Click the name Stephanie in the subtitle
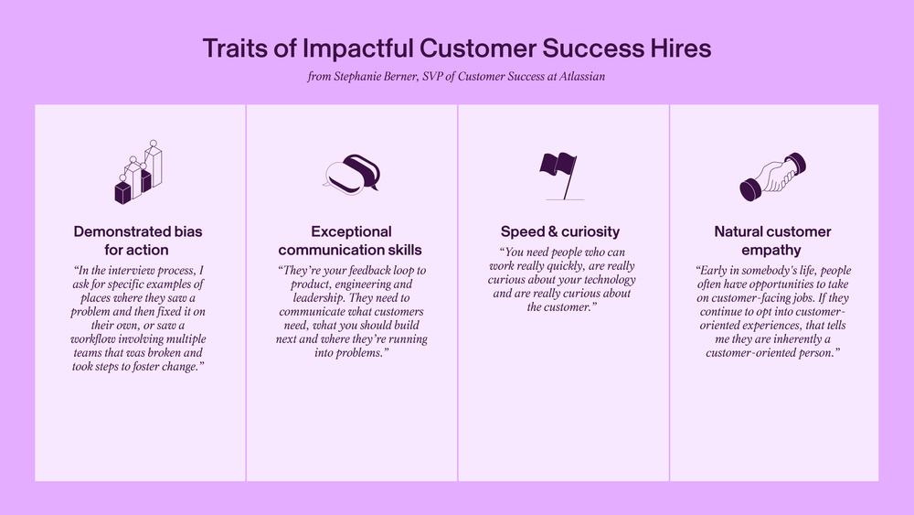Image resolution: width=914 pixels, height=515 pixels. (x=356, y=77)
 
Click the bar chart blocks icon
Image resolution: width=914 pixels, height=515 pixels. (x=138, y=172)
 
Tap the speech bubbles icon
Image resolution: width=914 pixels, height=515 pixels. (x=352, y=174)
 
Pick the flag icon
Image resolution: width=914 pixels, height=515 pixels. (x=560, y=176)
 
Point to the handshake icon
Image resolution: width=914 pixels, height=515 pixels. (x=773, y=177)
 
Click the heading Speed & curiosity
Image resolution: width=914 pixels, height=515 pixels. (x=560, y=231)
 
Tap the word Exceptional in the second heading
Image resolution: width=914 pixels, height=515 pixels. (x=352, y=231)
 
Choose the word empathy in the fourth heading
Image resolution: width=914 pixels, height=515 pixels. (x=771, y=251)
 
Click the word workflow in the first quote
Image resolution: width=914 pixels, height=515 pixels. (x=92, y=339)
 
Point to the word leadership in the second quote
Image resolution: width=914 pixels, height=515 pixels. (x=318, y=298)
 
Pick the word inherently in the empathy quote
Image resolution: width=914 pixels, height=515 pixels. (x=800, y=339)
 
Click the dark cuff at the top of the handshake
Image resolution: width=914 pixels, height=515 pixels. (x=796, y=163)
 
